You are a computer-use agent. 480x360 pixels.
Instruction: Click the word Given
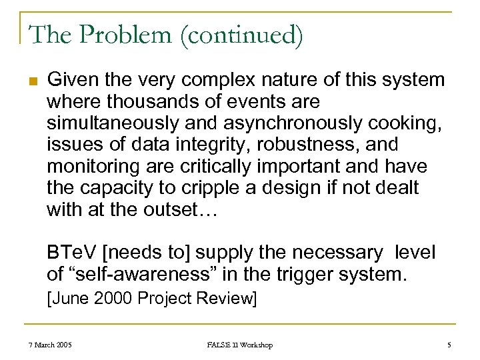(x=71, y=81)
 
